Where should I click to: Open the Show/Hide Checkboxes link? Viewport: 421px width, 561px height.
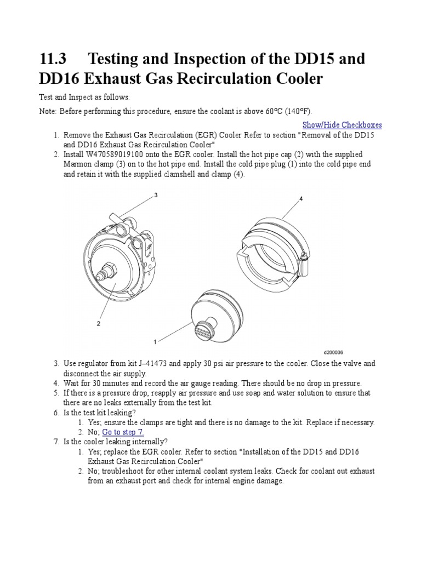tap(342, 125)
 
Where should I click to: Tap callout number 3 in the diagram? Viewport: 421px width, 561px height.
tap(156, 195)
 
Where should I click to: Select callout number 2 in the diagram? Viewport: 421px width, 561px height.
tap(99, 323)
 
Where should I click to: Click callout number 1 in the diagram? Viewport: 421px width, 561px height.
tap(155, 341)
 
